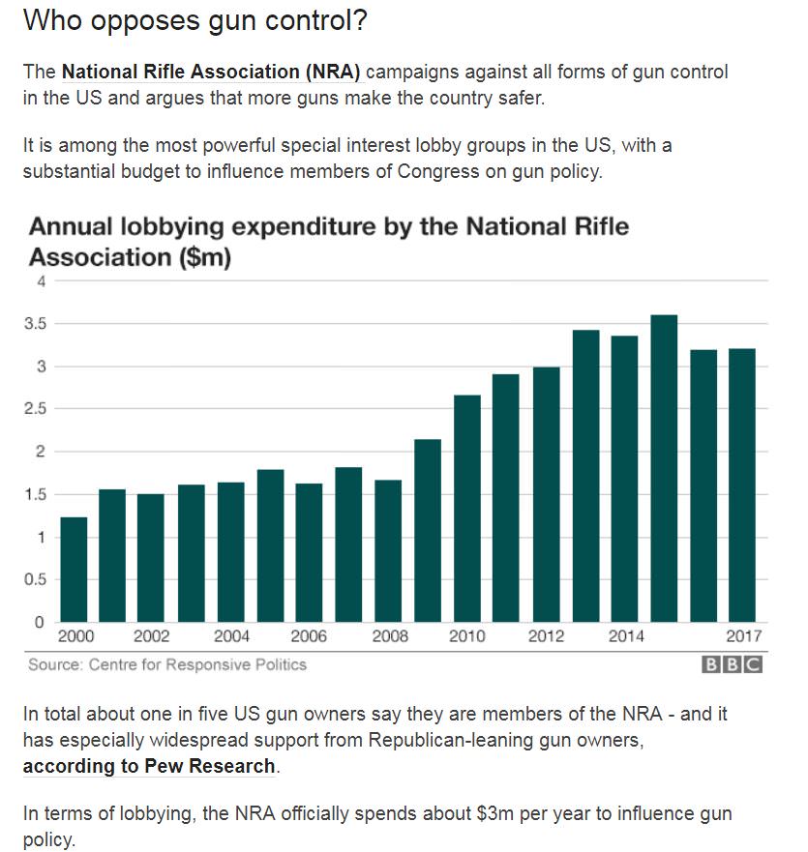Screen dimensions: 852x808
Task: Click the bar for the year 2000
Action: click(74, 570)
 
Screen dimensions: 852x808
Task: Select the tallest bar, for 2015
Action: click(664, 468)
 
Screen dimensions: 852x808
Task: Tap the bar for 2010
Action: click(466, 509)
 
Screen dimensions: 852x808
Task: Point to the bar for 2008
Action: click(388, 551)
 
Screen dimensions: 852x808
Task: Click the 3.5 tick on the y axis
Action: click(36, 324)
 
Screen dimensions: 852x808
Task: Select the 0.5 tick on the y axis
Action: click(36, 579)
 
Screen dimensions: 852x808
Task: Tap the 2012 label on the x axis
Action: click(546, 636)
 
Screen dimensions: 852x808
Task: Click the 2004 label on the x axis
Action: click(231, 636)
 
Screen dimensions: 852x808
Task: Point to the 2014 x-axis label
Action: click(625, 636)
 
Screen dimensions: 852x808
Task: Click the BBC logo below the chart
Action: click(733, 665)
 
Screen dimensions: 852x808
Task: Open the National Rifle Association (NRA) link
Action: click(210, 73)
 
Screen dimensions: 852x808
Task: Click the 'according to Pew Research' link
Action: click(149, 767)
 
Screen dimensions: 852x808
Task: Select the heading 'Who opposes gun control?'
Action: click(195, 21)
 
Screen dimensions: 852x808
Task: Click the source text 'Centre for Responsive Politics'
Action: click(197, 664)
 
